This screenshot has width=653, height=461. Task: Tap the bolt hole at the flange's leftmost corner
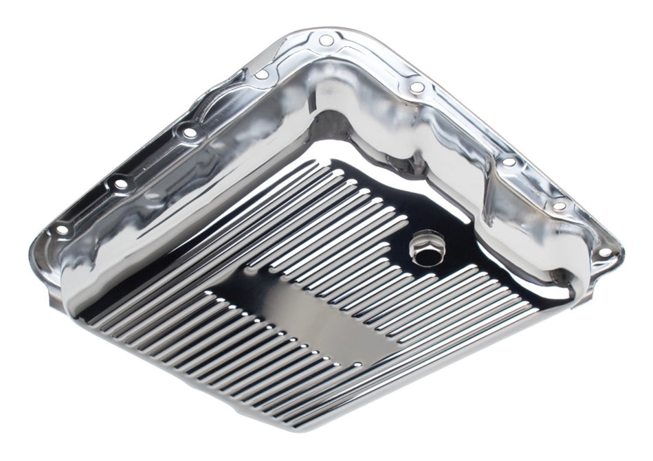pyautogui.click(x=63, y=229)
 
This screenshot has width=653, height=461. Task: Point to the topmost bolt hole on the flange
pyautogui.click(x=326, y=41)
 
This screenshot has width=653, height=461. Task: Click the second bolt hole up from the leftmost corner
pyautogui.click(x=121, y=183)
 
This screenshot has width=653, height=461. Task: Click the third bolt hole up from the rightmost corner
pyautogui.click(x=509, y=161)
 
